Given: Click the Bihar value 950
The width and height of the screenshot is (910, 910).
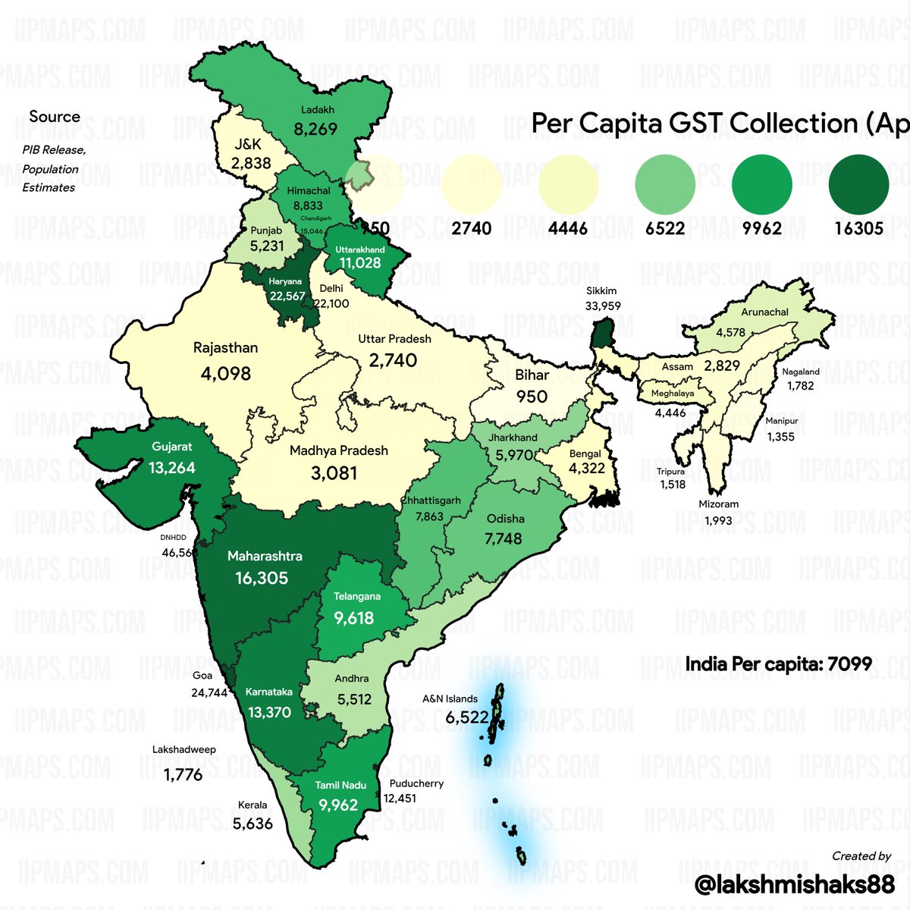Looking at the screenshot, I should click(532, 397).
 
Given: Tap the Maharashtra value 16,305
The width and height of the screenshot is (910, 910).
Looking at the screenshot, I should click(262, 578).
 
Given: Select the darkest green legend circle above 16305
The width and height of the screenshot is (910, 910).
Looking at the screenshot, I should click(858, 184).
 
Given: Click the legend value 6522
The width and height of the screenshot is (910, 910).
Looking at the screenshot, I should click(665, 228).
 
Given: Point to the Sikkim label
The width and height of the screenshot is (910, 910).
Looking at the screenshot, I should click(601, 290).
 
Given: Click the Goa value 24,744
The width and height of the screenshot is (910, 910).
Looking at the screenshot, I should click(209, 692).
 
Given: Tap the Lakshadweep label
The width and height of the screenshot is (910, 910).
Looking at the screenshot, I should click(184, 749).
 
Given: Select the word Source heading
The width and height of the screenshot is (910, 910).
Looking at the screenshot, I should click(55, 117).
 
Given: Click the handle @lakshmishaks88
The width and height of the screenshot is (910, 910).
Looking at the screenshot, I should click(795, 883).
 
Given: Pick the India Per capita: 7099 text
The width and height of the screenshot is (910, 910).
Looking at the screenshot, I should click(779, 665).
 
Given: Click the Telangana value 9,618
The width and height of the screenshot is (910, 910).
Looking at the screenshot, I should click(354, 618).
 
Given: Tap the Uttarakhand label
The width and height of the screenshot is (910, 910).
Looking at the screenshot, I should click(360, 249).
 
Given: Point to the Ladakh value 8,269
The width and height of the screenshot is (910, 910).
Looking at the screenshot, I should click(315, 129).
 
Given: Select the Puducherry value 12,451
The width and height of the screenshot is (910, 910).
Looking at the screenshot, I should click(400, 798).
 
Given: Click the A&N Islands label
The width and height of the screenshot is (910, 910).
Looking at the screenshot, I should click(450, 698).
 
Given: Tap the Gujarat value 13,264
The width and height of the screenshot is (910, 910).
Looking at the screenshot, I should click(172, 467).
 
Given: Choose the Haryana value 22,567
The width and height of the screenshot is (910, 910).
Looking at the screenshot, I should click(287, 296).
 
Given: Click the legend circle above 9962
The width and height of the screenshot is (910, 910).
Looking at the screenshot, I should click(762, 184).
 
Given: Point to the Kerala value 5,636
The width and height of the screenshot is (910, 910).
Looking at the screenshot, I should click(253, 823).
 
